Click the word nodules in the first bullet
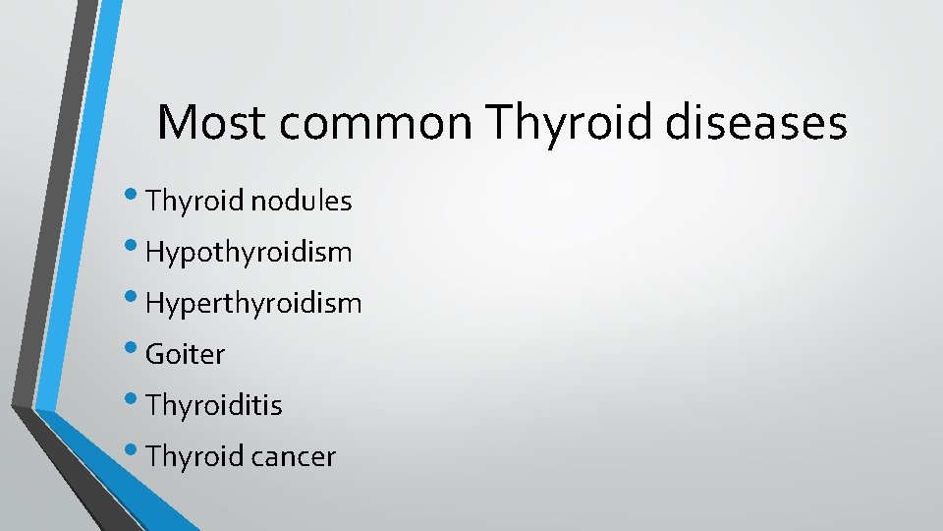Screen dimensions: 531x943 [x=301, y=202]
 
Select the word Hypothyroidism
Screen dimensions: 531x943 [x=249, y=253]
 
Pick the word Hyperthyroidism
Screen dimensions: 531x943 [x=253, y=304]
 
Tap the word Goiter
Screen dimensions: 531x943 [x=185, y=354]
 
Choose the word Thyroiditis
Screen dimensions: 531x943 [x=213, y=405]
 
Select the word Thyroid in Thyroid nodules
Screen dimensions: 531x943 [x=194, y=202]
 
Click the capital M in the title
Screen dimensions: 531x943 [x=176, y=124]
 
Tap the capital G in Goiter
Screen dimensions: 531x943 [x=155, y=354]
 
